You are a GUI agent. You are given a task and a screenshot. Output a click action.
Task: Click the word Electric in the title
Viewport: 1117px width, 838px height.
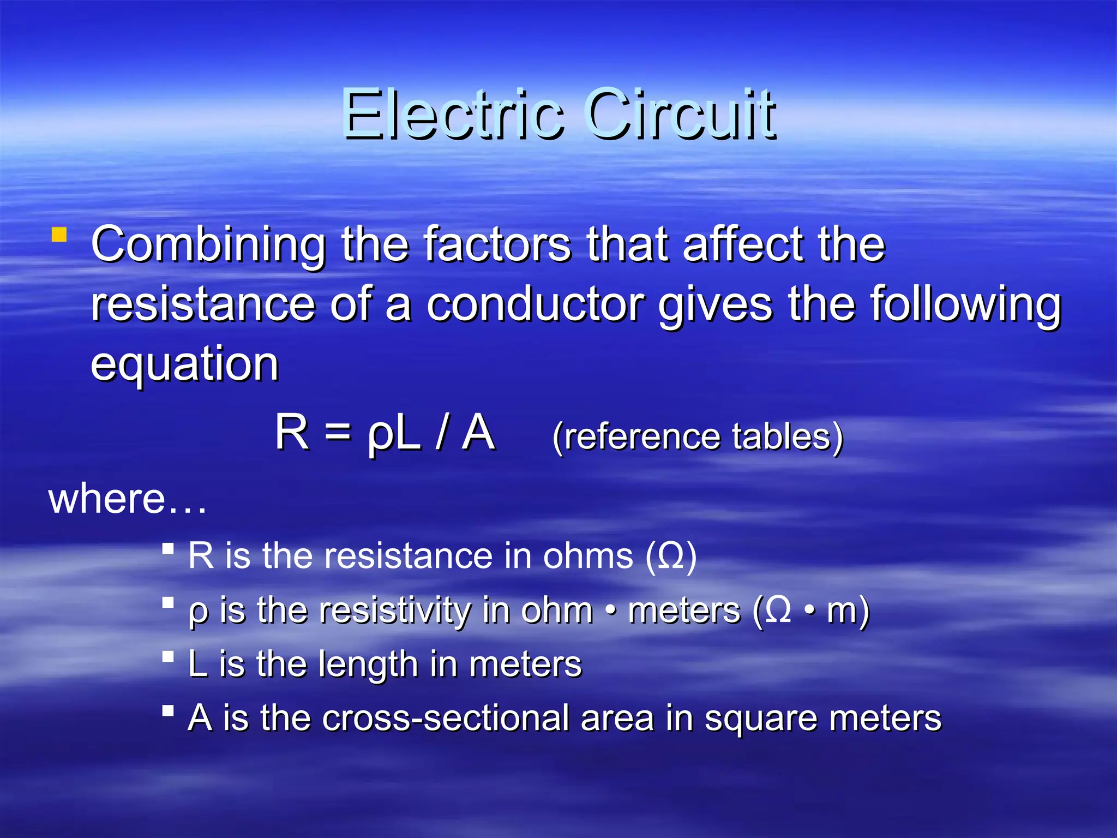(453, 115)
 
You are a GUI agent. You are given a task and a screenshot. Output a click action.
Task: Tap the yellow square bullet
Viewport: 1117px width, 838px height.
(59, 235)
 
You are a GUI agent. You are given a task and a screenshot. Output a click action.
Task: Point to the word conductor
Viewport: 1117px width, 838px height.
(535, 304)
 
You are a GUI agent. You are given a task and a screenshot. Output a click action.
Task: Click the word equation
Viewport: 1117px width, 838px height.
(184, 364)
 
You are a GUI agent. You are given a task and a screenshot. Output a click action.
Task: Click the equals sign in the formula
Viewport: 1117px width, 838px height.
(338, 432)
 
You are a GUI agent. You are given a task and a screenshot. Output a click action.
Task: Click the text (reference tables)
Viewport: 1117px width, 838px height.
(698, 437)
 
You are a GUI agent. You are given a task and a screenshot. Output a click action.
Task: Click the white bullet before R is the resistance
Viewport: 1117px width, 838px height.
(168, 548)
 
